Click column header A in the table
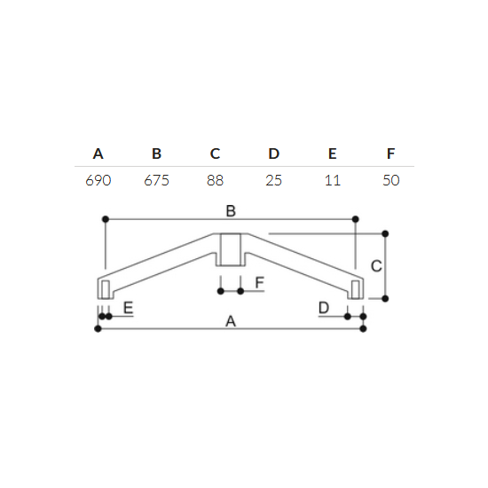[98, 153]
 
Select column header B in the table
[156, 153]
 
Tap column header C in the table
[215, 153]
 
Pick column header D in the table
[274, 153]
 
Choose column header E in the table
[333, 153]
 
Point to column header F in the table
[391, 153]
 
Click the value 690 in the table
[98, 180]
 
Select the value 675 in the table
[156, 180]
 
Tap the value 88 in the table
[215, 180]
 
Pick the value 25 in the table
[274, 180]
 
